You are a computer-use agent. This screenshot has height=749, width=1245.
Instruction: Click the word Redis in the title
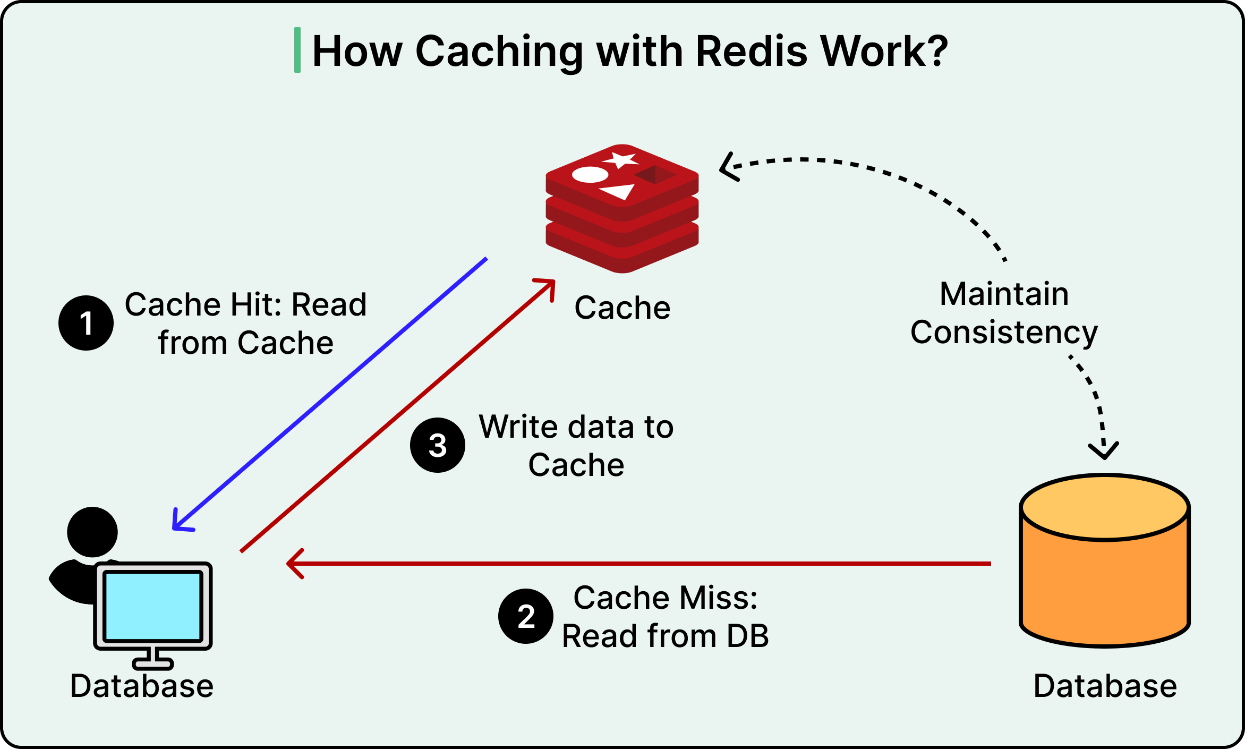click(751, 52)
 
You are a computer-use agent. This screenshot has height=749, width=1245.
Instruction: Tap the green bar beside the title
click(297, 50)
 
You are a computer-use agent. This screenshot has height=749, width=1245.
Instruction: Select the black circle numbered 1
click(86, 323)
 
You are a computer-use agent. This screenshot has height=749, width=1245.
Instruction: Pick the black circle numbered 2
click(526, 616)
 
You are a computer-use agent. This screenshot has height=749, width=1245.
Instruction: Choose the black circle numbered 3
click(438, 445)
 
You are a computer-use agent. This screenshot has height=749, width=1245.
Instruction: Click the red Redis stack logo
click(622, 209)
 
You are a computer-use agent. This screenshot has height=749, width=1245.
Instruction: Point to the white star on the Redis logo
click(620, 160)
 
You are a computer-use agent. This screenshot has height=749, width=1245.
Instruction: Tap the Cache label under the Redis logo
click(622, 308)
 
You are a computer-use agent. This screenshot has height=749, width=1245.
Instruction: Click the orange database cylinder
click(1105, 560)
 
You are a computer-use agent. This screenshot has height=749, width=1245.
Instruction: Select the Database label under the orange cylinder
click(1105, 686)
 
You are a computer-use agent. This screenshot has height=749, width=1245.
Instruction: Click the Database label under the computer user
click(142, 686)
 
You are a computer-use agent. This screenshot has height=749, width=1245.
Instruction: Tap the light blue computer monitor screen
click(153, 606)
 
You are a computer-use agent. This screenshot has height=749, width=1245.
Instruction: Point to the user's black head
click(92, 532)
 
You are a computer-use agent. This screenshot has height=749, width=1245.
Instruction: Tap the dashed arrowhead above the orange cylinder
click(1104, 450)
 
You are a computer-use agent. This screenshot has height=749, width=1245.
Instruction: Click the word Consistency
click(1004, 333)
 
